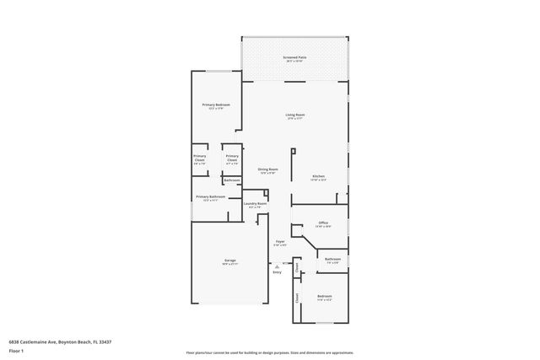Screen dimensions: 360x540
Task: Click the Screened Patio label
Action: (294, 57)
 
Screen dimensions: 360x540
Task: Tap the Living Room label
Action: (294, 115)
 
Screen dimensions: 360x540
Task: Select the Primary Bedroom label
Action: (216, 105)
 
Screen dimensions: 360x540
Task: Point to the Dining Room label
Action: (267, 169)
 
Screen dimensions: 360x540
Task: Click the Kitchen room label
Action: (318, 176)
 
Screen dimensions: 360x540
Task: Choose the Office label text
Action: (322, 223)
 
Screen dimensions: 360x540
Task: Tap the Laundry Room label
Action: (256, 203)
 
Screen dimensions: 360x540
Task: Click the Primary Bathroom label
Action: (210, 196)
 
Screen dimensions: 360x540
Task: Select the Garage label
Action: (229, 260)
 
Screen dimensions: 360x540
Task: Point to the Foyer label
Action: (280, 241)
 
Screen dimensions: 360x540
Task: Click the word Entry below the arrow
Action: (277, 271)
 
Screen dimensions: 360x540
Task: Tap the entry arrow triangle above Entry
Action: (277, 265)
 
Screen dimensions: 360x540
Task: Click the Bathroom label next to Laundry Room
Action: (232, 180)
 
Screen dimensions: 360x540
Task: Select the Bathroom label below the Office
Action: (332, 259)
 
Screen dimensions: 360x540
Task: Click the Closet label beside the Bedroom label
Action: (297, 297)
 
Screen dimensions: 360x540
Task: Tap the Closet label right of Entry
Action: (297, 268)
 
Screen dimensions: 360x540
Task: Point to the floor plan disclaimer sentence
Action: (269, 352)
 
